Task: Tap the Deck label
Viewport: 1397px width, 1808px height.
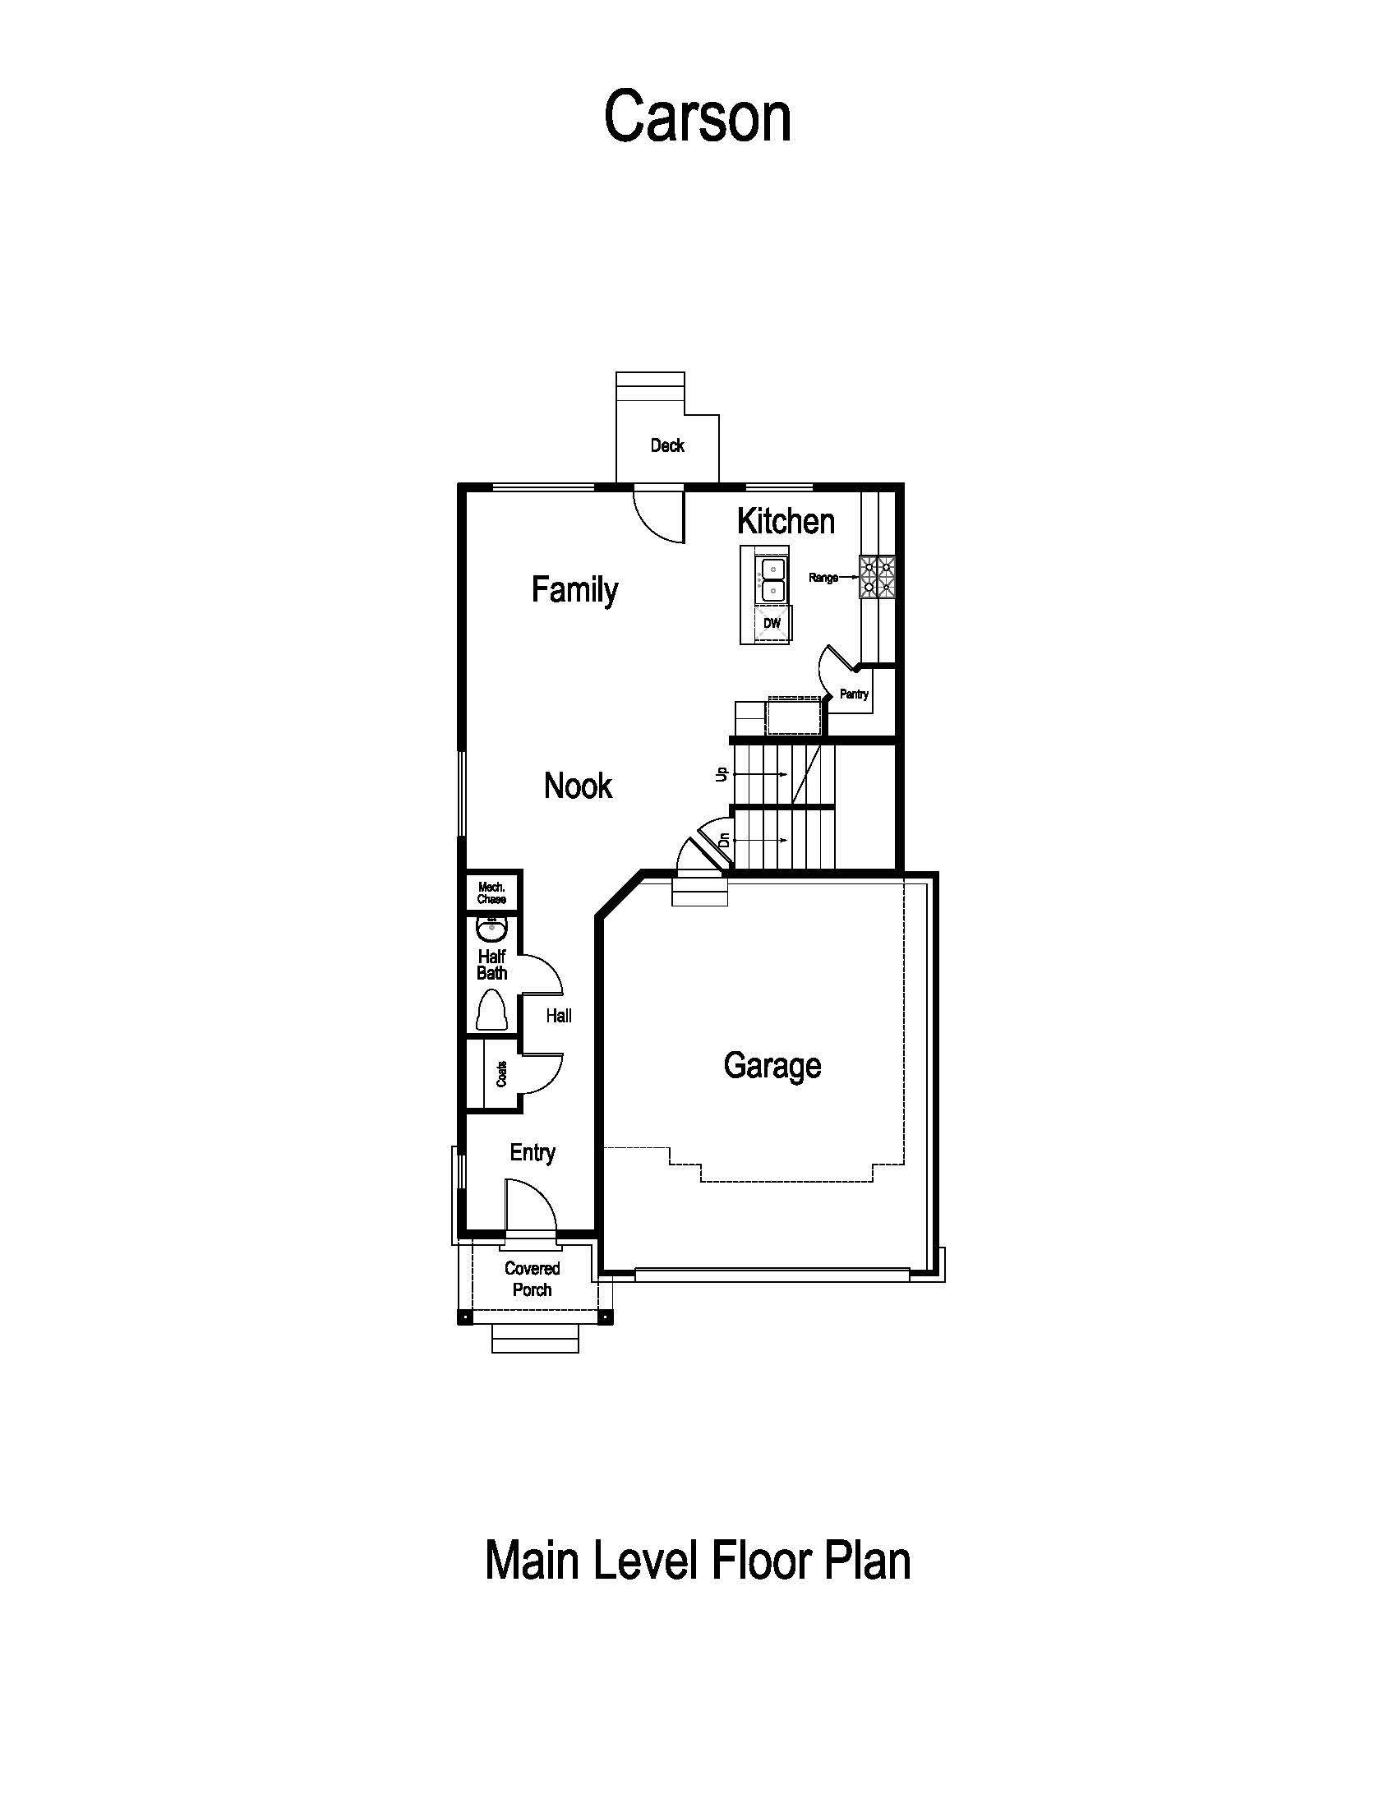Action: click(x=667, y=446)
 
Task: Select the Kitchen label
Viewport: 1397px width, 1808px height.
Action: click(x=786, y=522)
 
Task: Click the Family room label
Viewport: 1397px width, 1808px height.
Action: click(x=574, y=590)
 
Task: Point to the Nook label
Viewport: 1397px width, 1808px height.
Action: click(x=578, y=786)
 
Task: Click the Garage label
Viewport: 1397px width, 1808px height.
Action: click(x=772, y=1065)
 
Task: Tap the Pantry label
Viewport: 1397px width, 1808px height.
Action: click(x=854, y=694)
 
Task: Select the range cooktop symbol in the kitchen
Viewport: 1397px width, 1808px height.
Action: click(x=878, y=577)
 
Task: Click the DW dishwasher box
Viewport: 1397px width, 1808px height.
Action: click(x=772, y=624)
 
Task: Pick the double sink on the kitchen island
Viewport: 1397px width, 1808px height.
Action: click(x=772, y=579)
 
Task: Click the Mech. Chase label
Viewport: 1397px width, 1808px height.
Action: click(x=491, y=893)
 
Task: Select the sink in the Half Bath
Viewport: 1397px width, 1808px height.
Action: click(x=491, y=930)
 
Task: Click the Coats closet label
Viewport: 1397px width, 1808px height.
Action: click(x=501, y=1075)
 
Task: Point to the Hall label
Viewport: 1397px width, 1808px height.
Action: click(x=559, y=1016)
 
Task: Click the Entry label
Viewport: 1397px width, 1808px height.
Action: click(x=533, y=1152)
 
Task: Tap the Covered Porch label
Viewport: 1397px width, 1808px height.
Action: click(x=533, y=1279)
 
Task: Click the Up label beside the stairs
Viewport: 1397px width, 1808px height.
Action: click(x=722, y=774)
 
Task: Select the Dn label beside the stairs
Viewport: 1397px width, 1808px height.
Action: click(x=724, y=839)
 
